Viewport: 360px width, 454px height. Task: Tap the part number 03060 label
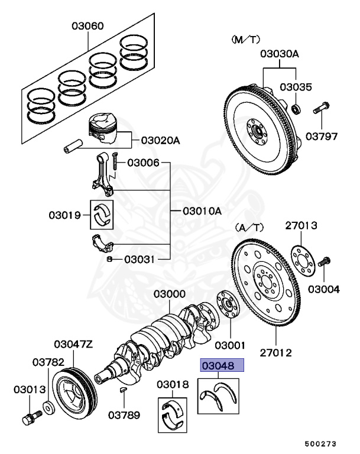[88, 26]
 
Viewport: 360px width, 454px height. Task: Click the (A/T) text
[249, 226]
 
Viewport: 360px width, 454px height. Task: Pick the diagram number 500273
[322, 442]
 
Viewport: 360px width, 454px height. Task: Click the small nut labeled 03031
[111, 259]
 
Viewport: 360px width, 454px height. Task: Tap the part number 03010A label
[201, 211]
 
